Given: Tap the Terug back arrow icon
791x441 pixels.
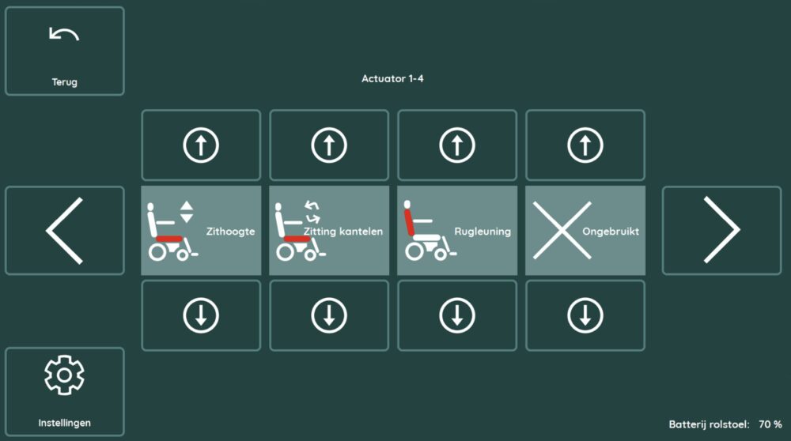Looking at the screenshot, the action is click(64, 34).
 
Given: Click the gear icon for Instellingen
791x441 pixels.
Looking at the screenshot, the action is click(64, 375).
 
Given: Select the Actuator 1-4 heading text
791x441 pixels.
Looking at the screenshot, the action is click(392, 78).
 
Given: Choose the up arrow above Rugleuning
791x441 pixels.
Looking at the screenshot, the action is click(457, 145).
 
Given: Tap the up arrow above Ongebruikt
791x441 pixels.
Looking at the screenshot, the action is click(585, 145).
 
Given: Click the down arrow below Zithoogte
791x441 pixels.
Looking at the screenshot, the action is click(201, 315).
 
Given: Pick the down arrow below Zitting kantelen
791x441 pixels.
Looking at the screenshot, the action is click(329, 315).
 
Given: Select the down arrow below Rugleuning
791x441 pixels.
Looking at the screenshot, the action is click(457, 315).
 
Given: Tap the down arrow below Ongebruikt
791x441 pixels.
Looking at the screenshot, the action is click(585, 315).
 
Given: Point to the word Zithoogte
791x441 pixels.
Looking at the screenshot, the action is click(230, 232).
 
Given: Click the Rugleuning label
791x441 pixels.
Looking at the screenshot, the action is click(483, 232).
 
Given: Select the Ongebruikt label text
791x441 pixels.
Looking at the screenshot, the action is click(611, 232).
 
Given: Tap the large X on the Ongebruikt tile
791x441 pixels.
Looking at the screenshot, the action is click(562, 230).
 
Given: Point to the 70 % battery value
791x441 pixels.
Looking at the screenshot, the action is click(770, 424).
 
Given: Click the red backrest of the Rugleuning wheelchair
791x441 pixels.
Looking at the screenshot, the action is click(409, 222).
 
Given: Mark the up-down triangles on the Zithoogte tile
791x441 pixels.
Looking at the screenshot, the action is click(187, 212).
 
